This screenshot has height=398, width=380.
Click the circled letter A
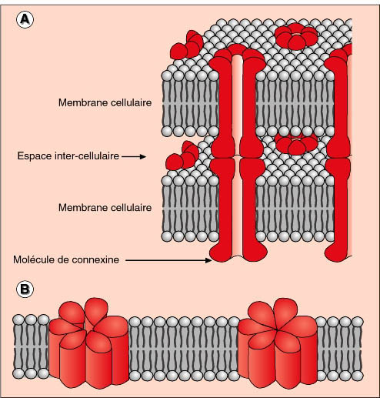click(x=25, y=20)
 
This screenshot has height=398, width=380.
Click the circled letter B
click(x=25, y=289)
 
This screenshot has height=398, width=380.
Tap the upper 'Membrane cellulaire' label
click(x=105, y=102)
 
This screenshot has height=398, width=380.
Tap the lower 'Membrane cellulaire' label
click(x=105, y=207)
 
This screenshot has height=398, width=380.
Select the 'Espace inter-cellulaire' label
click(x=68, y=156)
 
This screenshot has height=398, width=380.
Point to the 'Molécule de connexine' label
click(x=66, y=259)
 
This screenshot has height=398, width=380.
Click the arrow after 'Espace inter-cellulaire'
click(x=134, y=156)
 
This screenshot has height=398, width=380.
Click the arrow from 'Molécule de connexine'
click(x=168, y=260)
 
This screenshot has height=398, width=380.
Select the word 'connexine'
click(x=95, y=260)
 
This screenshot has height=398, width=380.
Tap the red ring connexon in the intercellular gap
click(x=296, y=144)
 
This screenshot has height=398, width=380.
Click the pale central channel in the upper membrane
click(x=238, y=102)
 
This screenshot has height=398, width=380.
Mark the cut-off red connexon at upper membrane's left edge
click(x=187, y=44)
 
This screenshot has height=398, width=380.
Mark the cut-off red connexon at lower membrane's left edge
click(x=182, y=156)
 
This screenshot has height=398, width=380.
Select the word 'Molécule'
click(x=34, y=259)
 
